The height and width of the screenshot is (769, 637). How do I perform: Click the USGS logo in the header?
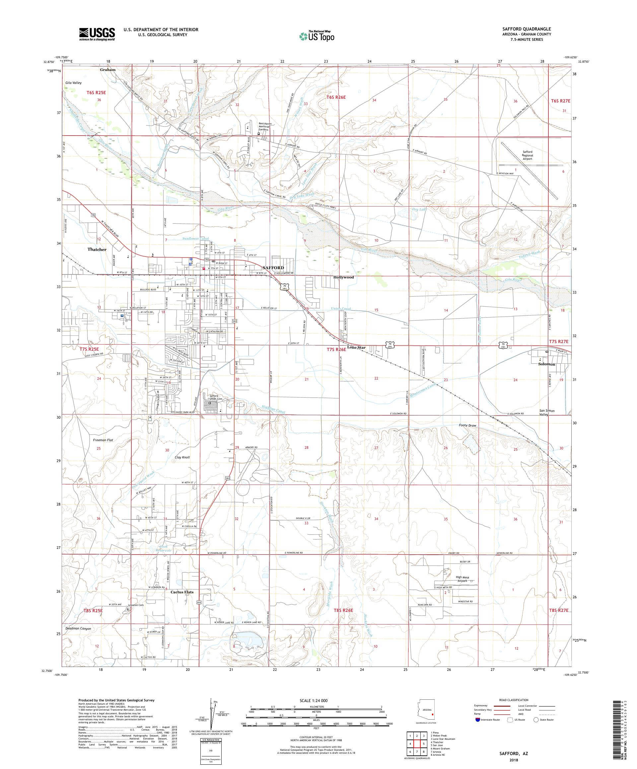(x=97, y=34)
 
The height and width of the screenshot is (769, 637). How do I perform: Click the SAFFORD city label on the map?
(x=273, y=268)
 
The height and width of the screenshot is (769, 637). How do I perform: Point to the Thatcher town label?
(x=97, y=249)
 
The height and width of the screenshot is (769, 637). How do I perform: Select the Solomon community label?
(x=546, y=364)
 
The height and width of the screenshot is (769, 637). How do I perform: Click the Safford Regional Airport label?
(x=528, y=155)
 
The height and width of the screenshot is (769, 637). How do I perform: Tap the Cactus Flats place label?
(x=182, y=592)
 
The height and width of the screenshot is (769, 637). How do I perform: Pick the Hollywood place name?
(x=343, y=277)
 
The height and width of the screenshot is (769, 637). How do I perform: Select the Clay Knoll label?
(x=182, y=457)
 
